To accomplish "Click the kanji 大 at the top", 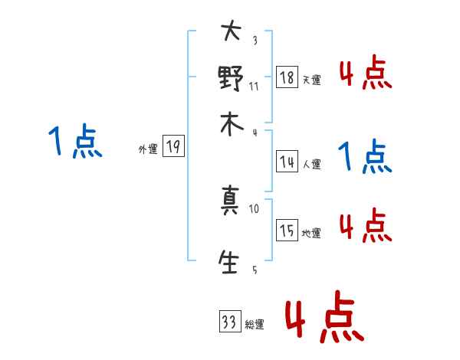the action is click(x=231, y=32).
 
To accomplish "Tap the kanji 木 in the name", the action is click(x=231, y=124).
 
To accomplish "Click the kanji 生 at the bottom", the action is click(x=231, y=263).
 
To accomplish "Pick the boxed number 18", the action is click(x=287, y=78).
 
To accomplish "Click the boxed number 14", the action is click(x=287, y=162).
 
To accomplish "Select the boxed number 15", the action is click(x=287, y=231).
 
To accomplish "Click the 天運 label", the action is click(x=311, y=80).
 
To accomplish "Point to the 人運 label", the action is click(x=311, y=164).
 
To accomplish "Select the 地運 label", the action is click(x=311, y=234).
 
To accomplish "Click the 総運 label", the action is click(x=255, y=325).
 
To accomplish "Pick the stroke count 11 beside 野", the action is click(x=254, y=87).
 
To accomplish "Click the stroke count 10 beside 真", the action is click(x=254, y=208).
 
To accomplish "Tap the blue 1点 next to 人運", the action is click(x=365, y=158).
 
